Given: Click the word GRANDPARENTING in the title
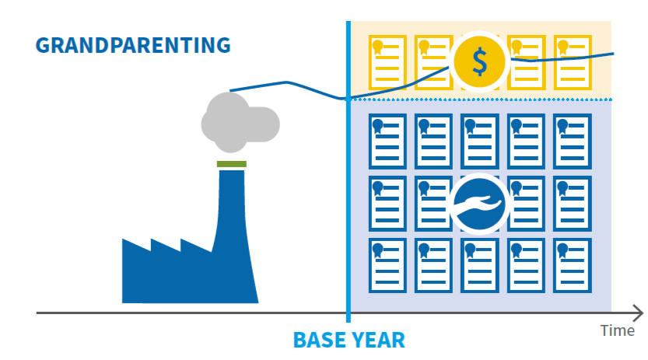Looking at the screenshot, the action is pyautogui.click(x=133, y=45).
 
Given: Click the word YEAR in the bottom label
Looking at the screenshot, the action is pyautogui.click(x=376, y=341).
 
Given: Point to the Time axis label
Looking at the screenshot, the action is pyautogui.click(x=618, y=330).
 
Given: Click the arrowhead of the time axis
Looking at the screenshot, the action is pyautogui.click(x=639, y=313).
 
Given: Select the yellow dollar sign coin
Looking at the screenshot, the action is pyautogui.click(x=479, y=61).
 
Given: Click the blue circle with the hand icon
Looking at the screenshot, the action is pyautogui.click(x=479, y=204).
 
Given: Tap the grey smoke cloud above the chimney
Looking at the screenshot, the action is pyautogui.click(x=240, y=123).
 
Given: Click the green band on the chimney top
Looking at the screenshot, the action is pyautogui.click(x=232, y=164).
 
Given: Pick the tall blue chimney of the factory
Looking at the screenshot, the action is pyautogui.click(x=233, y=236).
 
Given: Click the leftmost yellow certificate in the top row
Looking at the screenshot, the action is pyautogui.click(x=387, y=62).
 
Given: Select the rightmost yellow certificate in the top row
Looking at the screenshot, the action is pyautogui.click(x=573, y=62).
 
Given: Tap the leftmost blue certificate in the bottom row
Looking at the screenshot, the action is pyautogui.click(x=387, y=265).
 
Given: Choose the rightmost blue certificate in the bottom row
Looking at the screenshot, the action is pyautogui.click(x=573, y=265).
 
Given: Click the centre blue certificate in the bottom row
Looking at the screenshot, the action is pyautogui.click(x=480, y=265).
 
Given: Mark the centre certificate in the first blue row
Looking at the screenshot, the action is pyautogui.click(x=480, y=142).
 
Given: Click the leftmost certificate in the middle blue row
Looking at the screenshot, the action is pyautogui.click(x=387, y=204).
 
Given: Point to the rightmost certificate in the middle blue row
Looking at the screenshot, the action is pyautogui.click(x=573, y=204).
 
